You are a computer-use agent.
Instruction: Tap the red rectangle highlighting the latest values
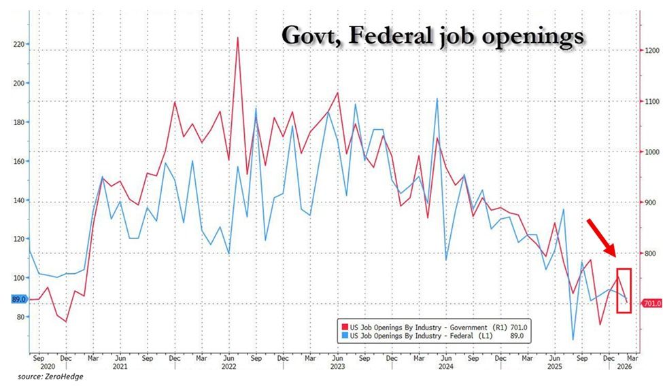click(624, 290)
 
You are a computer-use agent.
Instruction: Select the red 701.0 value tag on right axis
click(651, 303)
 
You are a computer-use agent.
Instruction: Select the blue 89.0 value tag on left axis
click(17, 299)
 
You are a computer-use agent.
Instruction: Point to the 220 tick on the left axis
click(18, 44)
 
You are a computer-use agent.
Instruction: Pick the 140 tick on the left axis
click(18, 200)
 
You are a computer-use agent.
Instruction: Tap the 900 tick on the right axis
click(651, 203)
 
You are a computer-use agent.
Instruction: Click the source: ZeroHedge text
click(46, 376)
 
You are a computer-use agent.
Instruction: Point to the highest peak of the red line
click(237, 38)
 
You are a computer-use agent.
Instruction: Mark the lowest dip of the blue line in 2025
click(573, 339)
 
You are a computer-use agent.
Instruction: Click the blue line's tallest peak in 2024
click(436, 99)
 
